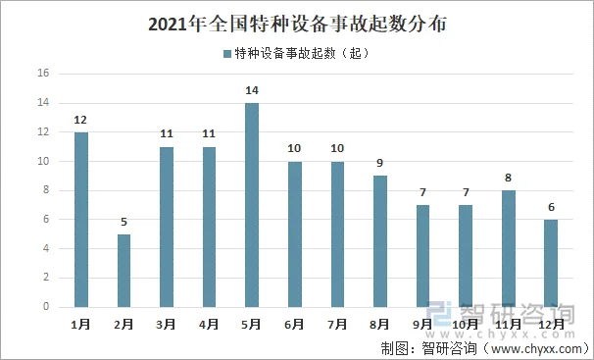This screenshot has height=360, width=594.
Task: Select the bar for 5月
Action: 252,205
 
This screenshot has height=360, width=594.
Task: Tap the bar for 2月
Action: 124,271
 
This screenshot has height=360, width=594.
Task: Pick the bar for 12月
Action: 551,263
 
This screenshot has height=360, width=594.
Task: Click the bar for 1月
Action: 80,220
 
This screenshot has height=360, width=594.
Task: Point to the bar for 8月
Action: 380,241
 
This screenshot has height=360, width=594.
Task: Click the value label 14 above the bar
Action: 252,91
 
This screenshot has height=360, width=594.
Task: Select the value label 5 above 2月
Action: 124,223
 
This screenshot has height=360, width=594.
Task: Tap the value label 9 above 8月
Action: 380,164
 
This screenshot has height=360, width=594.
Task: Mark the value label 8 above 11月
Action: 508,179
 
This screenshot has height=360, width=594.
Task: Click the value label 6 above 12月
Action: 551,208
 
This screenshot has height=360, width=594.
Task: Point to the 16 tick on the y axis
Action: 43,74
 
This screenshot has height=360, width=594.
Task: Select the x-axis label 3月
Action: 167,324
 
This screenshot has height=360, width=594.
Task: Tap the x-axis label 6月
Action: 295,324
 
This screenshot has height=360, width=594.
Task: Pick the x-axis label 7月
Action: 337,324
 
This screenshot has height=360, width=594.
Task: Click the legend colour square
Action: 226,53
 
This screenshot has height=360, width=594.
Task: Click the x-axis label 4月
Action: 209,324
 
